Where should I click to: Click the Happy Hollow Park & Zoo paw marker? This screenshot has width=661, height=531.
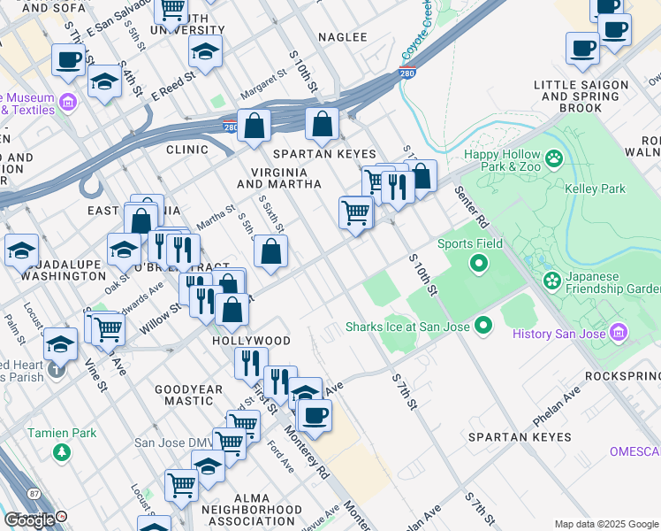(x=554, y=159)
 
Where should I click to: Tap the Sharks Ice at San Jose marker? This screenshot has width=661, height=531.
(x=482, y=327)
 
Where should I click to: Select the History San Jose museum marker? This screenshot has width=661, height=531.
(x=618, y=333)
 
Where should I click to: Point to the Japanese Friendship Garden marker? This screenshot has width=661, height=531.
(x=552, y=281)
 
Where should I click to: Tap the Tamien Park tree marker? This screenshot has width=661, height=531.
(x=61, y=452)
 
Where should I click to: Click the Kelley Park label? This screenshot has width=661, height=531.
(x=595, y=189)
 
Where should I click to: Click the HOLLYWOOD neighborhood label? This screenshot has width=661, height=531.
(x=251, y=341)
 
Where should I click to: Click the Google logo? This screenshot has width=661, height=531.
(x=29, y=519)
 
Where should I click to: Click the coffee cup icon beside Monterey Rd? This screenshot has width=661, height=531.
(x=313, y=414)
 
